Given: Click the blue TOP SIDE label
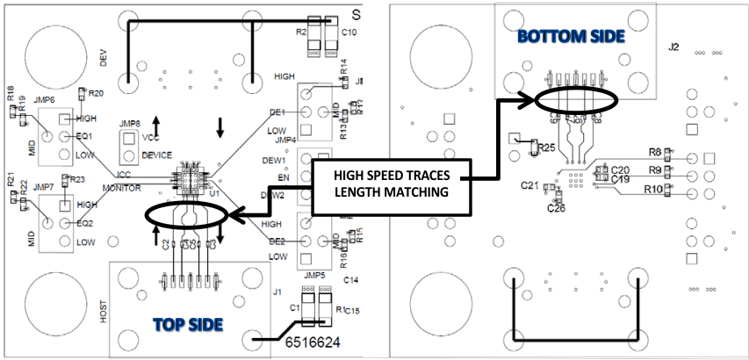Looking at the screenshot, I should (x=187, y=324).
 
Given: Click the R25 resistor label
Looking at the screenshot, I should (x=547, y=148).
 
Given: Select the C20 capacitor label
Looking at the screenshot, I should (x=621, y=169).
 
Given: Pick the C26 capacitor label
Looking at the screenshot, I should (x=556, y=208).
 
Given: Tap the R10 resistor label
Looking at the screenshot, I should (x=653, y=188).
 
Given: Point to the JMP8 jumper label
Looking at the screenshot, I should (x=130, y=123).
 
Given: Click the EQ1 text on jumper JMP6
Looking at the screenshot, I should (x=84, y=136).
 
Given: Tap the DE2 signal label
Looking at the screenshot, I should (x=278, y=240).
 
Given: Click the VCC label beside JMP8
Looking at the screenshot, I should (x=150, y=137).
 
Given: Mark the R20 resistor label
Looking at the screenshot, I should (x=96, y=93).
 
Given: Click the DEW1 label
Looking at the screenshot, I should (x=275, y=161).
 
